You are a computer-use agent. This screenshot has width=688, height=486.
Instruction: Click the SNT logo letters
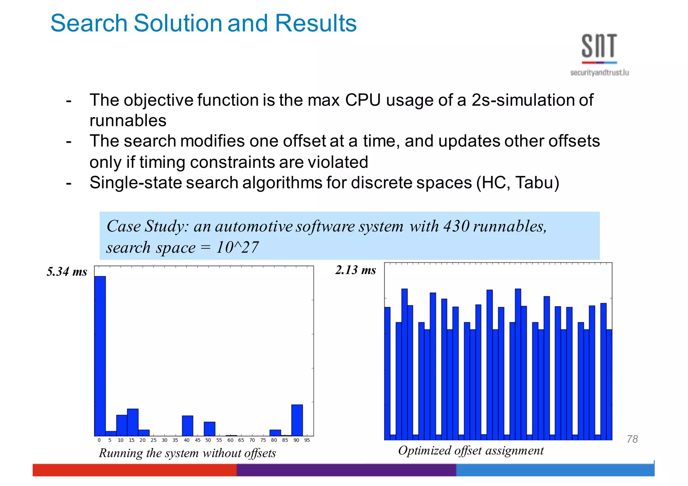(599, 46)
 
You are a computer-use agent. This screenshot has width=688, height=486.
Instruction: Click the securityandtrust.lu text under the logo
(599, 73)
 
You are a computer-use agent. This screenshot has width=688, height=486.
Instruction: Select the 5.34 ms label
(67, 271)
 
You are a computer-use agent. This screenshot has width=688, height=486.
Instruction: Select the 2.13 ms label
(355, 270)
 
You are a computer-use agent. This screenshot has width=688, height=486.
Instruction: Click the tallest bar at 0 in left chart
(100, 356)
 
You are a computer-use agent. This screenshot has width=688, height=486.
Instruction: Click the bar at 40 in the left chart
(187, 426)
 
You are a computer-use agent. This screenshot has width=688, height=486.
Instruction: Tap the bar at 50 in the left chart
(209, 429)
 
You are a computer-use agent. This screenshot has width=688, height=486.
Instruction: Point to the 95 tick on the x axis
(307, 440)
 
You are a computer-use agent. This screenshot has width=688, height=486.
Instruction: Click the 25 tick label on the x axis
(154, 440)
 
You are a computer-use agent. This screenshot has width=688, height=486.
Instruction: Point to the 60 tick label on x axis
(230, 440)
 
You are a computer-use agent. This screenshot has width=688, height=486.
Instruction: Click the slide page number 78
(632, 439)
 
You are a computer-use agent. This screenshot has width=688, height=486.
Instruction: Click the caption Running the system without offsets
(187, 453)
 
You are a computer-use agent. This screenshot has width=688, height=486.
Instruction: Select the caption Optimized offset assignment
(470, 450)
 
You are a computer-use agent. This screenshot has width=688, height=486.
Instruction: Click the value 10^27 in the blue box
(237, 248)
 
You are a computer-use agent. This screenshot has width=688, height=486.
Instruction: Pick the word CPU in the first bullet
(363, 100)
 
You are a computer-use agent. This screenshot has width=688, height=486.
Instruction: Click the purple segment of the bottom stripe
(346, 470)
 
